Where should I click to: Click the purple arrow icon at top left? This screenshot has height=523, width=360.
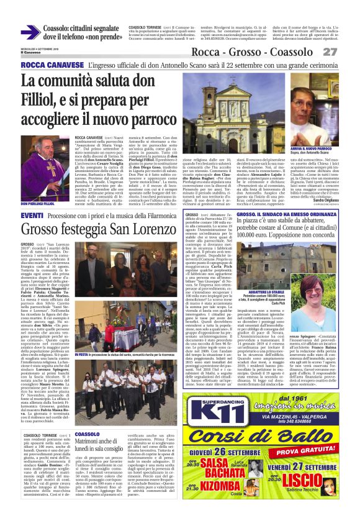coord(30,32)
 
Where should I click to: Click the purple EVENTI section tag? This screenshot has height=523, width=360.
coord(32,215)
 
